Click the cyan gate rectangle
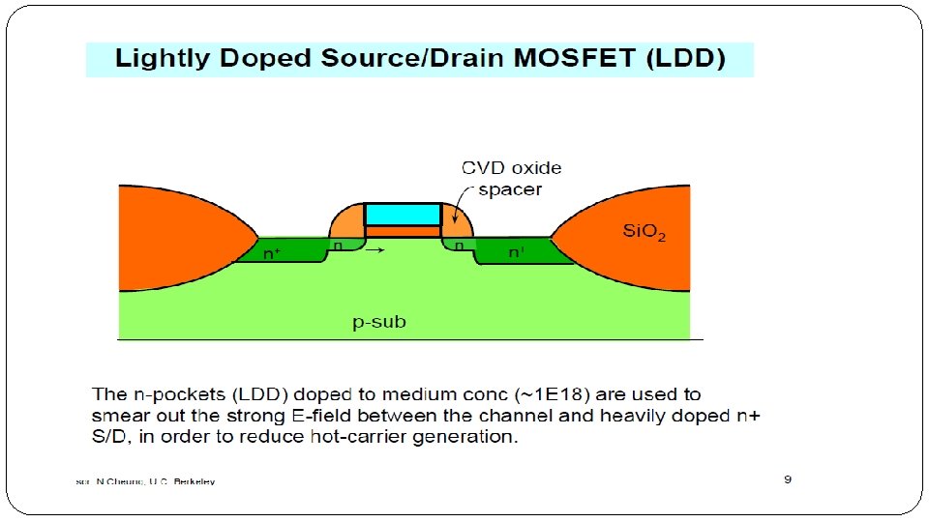point(403,214)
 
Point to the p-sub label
point(379,322)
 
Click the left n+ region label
point(274,253)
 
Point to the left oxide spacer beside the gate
point(345,221)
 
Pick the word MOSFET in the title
point(575,59)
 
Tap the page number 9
point(788,479)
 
